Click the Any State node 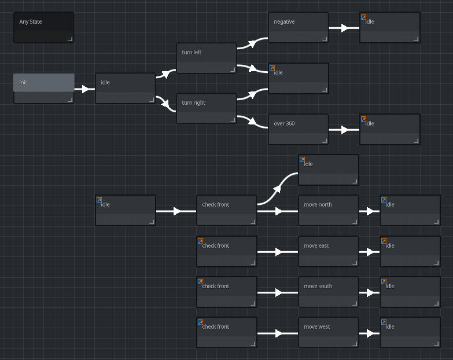tap(43, 27)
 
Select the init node tap(43, 88)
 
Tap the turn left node tap(206, 58)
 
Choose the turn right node tap(206, 108)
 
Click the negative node tap(298, 27)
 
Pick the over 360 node tap(298, 129)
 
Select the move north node tap(328, 210)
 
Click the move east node tap(328, 251)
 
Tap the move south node tap(328, 292)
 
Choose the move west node tap(328, 332)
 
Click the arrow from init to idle tap(84, 89)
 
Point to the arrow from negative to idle tap(344, 28)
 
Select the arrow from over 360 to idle tap(344, 130)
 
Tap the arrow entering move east tap(278, 252)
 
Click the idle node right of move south tap(410, 292)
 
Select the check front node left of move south tap(226, 292)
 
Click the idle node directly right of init tap(125, 88)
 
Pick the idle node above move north tap(328, 170)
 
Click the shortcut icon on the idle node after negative tap(363, 17)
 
